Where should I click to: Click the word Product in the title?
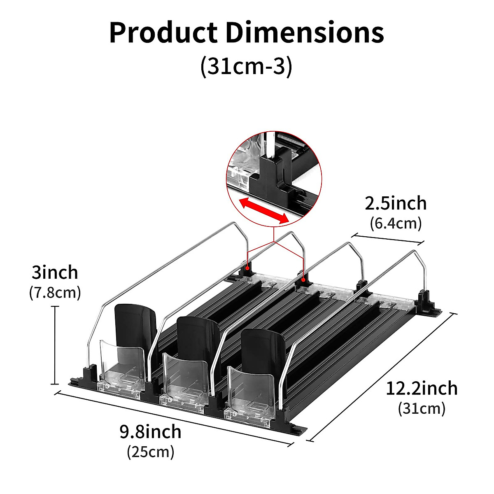pos(163,33)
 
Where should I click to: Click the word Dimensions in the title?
pos(305,33)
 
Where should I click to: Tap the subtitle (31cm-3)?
pos(246,66)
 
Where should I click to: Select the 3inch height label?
pos(55,272)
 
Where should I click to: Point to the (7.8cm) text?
pos(55,293)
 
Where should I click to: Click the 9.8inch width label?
pos(151,431)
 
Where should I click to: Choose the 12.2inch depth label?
pos(422,396)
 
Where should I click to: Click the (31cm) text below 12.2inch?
pos(422,415)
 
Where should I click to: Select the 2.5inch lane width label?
pos(396,203)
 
